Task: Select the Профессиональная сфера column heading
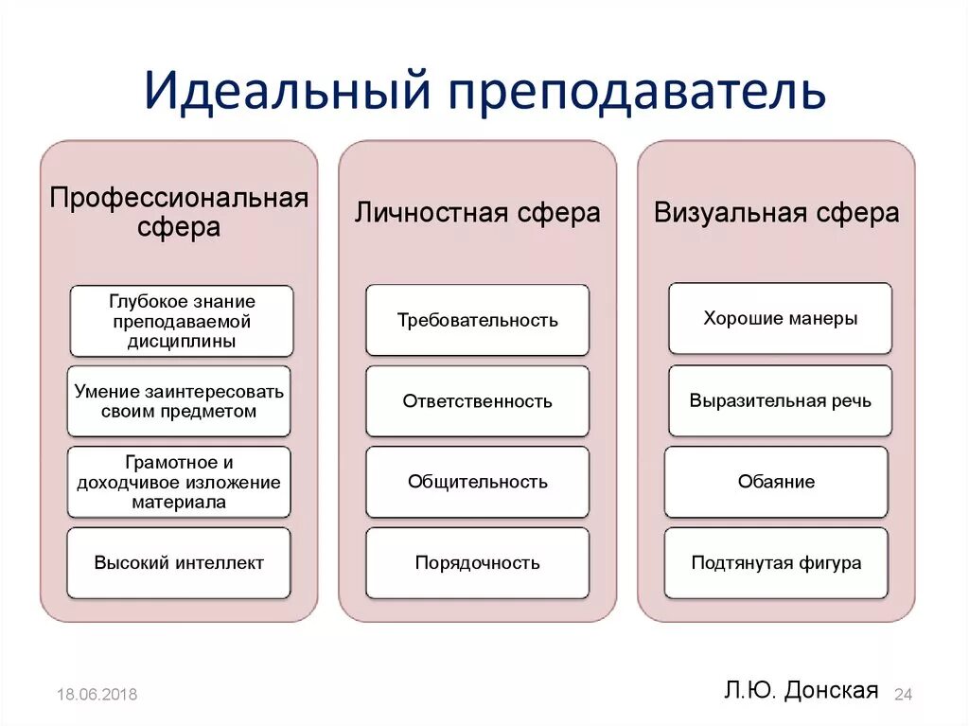tap(179, 212)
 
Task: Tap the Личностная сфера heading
tap(477, 212)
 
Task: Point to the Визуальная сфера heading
tap(776, 212)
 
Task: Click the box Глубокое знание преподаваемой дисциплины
tap(181, 321)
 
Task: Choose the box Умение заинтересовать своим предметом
tap(179, 401)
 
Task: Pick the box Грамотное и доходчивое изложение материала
tap(179, 482)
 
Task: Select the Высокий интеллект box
tap(179, 563)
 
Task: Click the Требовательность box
tap(477, 320)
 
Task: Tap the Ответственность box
tap(477, 401)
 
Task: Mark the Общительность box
tap(477, 482)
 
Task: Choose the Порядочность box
tap(477, 563)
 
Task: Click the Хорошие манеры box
tap(780, 318)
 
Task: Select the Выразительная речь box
tap(780, 400)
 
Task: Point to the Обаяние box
tap(776, 482)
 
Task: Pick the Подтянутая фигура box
tap(776, 563)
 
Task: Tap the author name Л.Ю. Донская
tap(802, 690)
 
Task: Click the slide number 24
tap(903, 695)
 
